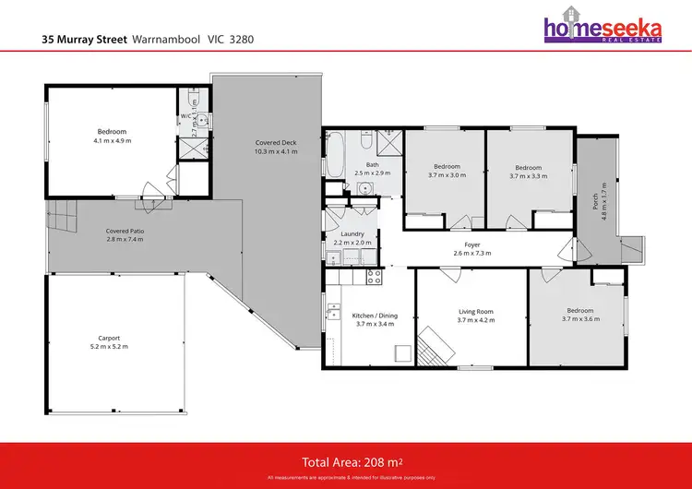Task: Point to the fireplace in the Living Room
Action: pyautogui.click(x=435, y=345)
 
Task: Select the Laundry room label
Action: pyautogui.click(x=352, y=233)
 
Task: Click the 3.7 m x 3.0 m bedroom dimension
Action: pyautogui.click(x=445, y=175)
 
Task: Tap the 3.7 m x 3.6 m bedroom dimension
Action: pyautogui.click(x=579, y=319)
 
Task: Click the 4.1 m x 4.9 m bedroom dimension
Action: pyautogui.click(x=112, y=141)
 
